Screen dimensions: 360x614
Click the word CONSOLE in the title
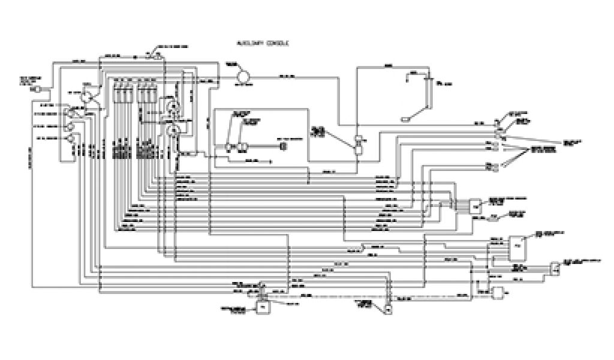[277, 44]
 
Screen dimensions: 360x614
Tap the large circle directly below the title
[243, 76]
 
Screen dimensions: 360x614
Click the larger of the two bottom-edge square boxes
[262, 307]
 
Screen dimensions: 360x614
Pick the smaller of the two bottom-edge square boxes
[388, 310]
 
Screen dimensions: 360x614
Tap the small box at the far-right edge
[556, 268]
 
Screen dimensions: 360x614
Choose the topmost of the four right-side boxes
[475, 205]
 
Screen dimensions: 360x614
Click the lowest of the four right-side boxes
[499, 292]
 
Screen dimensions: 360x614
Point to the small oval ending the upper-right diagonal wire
[406, 119]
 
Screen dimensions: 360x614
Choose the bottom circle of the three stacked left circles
[70, 139]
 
